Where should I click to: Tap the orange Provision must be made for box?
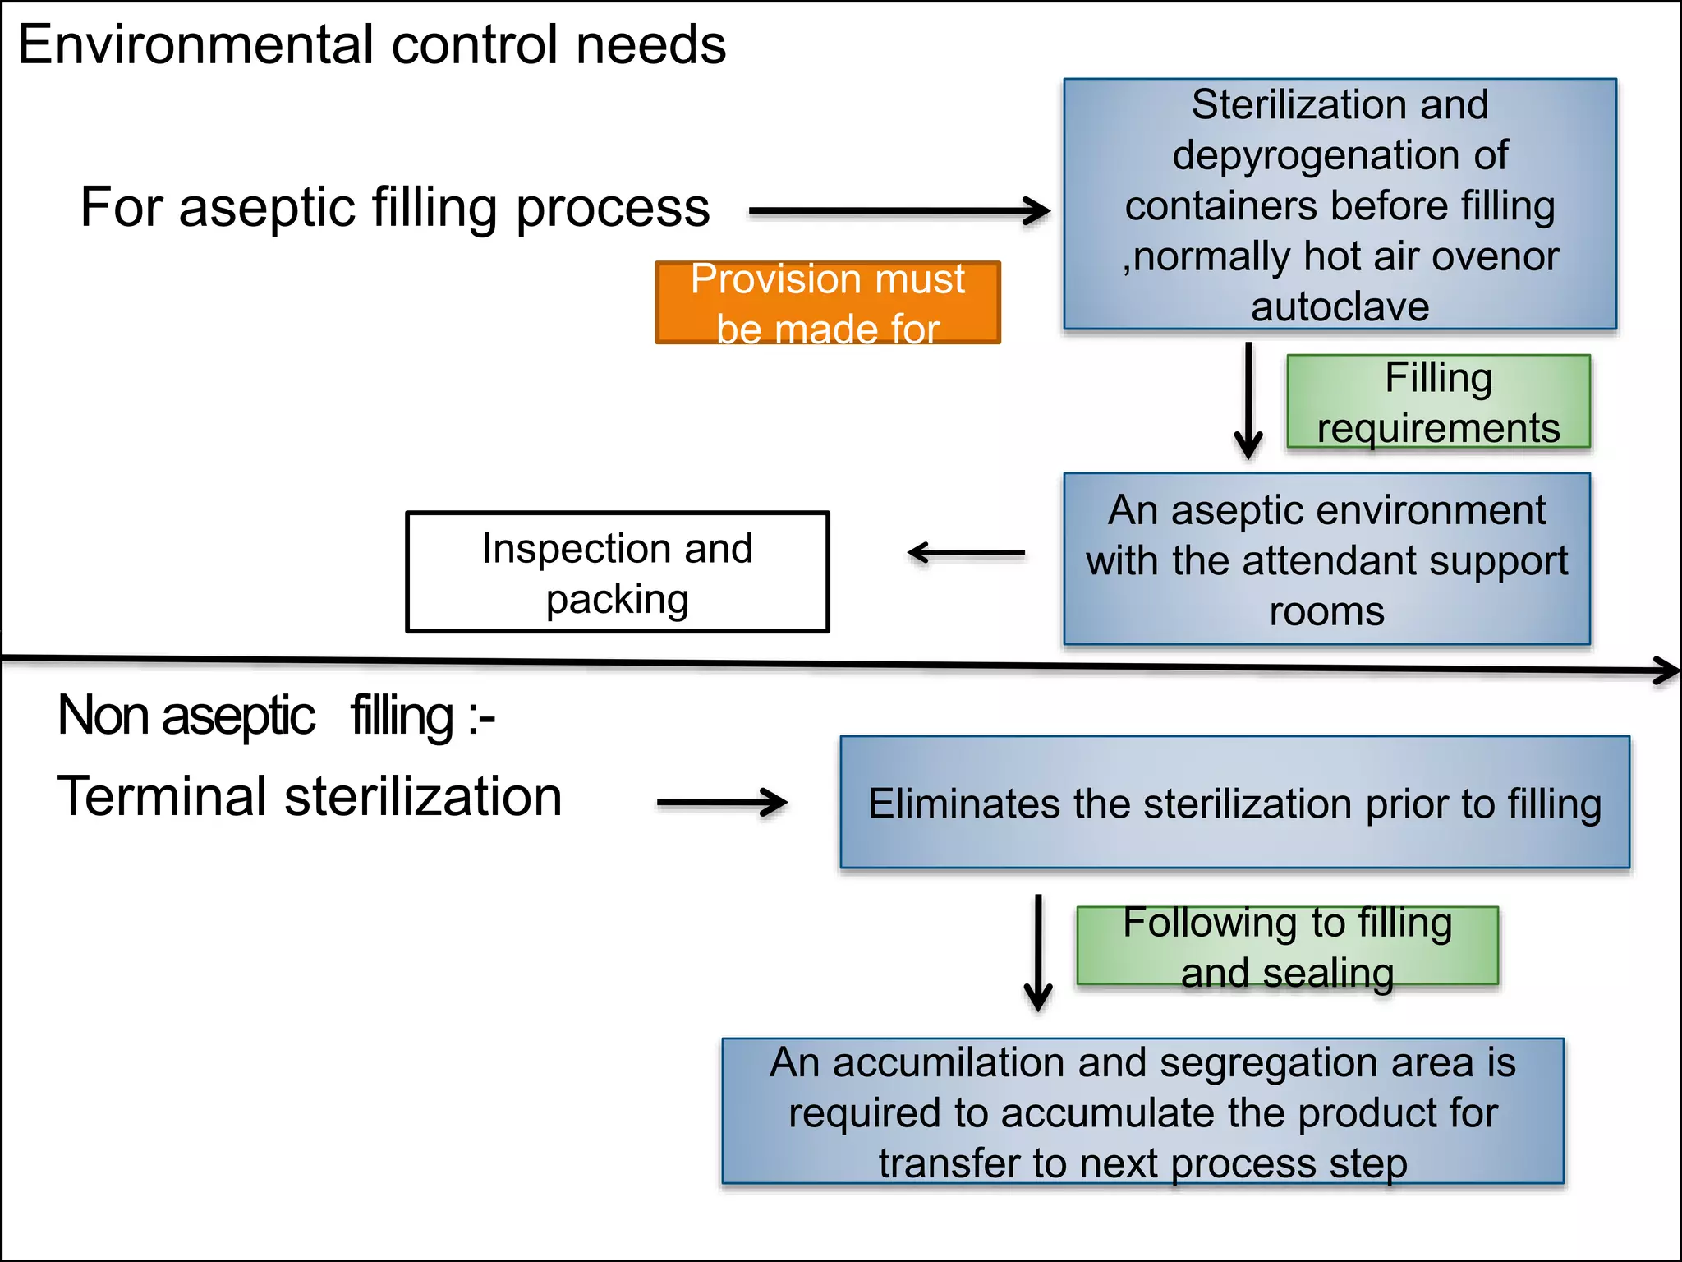pos(827,302)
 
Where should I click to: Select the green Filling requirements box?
pos(1437,402)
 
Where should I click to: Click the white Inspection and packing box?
pos(617,572)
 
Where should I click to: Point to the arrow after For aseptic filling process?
pos(898,211)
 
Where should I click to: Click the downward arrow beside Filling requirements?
pos(1248,401)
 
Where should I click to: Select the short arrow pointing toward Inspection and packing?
pos(966,553)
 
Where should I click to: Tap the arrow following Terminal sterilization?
pos(722,802)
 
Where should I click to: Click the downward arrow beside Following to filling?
pos(1038,953)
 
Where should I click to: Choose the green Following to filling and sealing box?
pos(1287,946)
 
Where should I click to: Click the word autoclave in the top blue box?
pos(1340,307)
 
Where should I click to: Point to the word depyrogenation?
pos(1340,156)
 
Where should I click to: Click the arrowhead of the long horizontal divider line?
pos(1667,670)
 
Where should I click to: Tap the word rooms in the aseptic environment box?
pos(1326,612)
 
